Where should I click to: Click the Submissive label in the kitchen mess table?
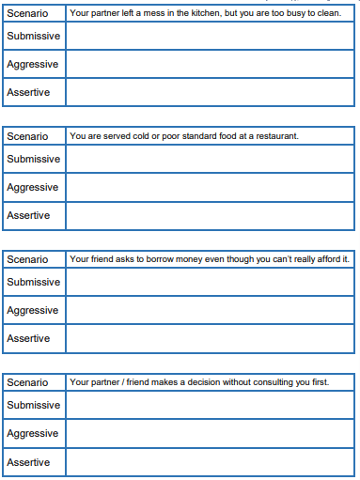[x=33, y=36]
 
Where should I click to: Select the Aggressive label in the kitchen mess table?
[x=32, y=64]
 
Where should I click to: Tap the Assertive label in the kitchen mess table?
[x=28, y=92]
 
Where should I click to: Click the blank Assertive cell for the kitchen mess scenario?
[x=211, y=92]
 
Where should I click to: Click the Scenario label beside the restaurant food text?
[x=27, y=136]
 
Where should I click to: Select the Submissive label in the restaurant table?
[x=33, y=159]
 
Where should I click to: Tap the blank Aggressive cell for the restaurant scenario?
[x=211, y=187]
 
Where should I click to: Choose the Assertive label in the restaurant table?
[x=28, y=215]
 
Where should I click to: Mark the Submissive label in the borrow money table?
[x=33, y=282]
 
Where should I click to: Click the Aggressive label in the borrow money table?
[x=32, y=310]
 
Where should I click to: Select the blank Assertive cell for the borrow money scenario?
[x=211, y=338]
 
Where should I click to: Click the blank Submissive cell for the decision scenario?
[x=211, y=405]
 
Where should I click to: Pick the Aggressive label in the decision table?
[x=32, y=433]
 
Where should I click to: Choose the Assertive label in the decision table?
[x=28, y=461]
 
